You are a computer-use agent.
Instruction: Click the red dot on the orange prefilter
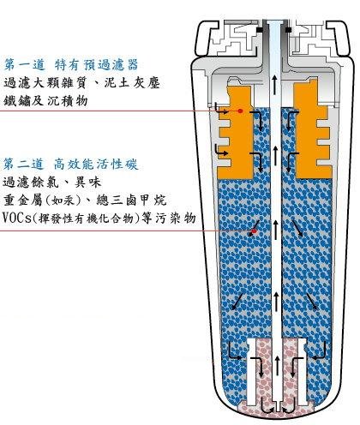(241, 111)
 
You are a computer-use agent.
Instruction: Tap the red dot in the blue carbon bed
(254, 231)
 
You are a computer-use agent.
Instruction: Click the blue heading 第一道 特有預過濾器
(71, 65)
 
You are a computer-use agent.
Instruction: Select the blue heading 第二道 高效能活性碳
(70, 165)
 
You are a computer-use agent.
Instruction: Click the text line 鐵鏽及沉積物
(45, 101)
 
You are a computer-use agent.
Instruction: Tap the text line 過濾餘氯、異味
(52, 183)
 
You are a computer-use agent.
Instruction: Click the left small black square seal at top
(260, 30)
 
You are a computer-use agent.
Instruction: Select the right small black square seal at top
(289, 30)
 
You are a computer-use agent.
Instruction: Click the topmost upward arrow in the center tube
(274, 85)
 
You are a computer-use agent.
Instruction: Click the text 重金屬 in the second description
(22, 201)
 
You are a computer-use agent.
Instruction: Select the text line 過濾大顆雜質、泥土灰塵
(82, 83)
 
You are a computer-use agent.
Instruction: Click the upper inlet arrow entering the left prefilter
(222, 109)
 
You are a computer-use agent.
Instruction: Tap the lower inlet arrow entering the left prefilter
(222, 150)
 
